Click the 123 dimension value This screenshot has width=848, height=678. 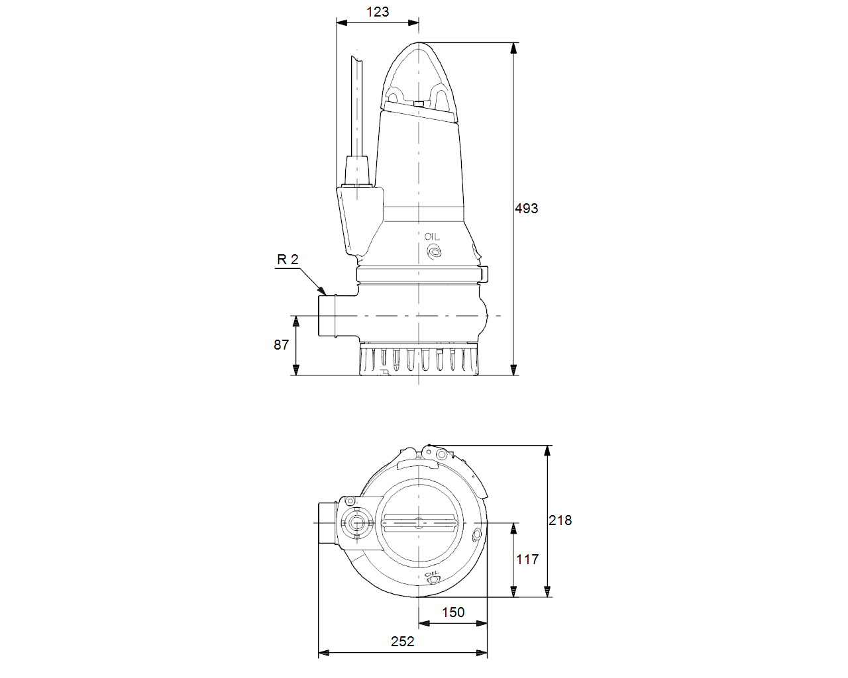point(378,12)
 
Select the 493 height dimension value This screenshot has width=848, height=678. point(526,209)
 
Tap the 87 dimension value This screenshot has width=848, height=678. point(281,345)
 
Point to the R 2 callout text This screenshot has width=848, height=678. point(288,260)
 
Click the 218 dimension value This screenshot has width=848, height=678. point(560,520)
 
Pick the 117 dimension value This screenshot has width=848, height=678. point(527,559)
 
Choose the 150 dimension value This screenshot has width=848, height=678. point(452,612)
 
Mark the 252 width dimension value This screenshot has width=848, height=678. point(402,642)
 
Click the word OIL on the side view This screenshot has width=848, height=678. point(432,237)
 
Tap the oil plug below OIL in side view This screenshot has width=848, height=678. point(434,252)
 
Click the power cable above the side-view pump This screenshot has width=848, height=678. point(357,107)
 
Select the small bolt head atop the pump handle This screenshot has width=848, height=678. point(419,103)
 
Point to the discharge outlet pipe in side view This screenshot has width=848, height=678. point(327,316)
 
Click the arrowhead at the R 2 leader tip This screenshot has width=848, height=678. point(323,291)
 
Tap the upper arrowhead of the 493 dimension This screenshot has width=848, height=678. point(513,48)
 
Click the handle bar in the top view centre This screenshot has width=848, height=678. point(419,522)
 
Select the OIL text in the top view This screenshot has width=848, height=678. point(432,573)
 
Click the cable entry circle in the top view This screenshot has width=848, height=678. point(356,523)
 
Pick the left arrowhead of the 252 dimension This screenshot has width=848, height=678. point(323,653)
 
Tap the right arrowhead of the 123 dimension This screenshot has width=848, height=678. point(413,23)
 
